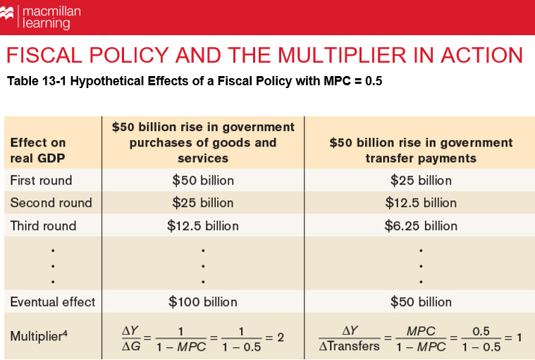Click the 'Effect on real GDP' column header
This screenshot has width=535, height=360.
[x=38, y=150]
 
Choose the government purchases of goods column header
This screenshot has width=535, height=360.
[x=203, y=142]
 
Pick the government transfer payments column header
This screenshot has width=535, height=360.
[x=421, y=150]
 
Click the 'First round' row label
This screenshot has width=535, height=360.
[x=41, y=180]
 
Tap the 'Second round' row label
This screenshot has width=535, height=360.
[x=51, y=203]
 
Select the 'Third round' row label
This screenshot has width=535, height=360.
[x=43, y=226]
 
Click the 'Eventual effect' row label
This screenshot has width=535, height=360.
[x=52, y=302]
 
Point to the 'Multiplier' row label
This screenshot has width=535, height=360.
[x=39, y=337]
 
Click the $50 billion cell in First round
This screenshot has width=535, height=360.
[x=203, y=180]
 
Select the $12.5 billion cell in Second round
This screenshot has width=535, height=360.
[x=421, y=203]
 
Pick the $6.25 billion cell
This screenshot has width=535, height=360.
[x=421, y=226]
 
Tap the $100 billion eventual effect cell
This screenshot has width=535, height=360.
[x=203, y=302]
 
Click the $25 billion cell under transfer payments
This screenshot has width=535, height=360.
[x=421, y=180]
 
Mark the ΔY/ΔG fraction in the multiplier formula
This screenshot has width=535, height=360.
[x=132, y=337]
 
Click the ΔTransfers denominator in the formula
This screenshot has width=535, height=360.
[x=350, y=345]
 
